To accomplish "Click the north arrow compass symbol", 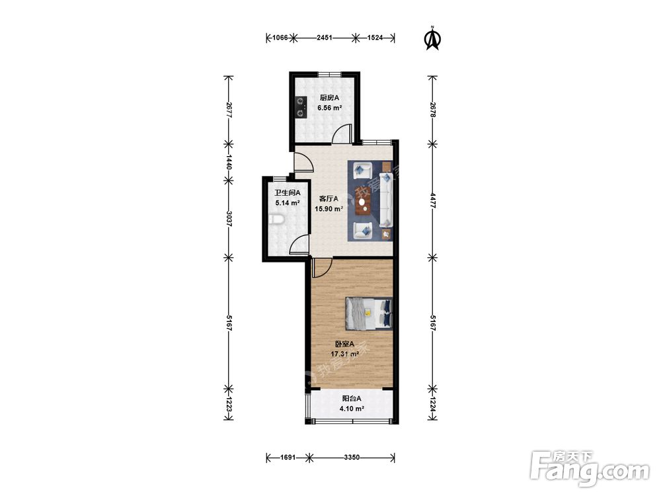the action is coord(432,39).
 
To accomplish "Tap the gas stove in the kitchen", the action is coord(300,106).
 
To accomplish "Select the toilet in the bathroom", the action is coord(276,220).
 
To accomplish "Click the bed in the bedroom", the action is coord(369,313).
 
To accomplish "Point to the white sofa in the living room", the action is coord(386,200).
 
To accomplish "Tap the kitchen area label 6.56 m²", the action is coord(330,108).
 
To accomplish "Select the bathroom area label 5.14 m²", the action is coord(288,203).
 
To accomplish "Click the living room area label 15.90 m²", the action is coord(329,208).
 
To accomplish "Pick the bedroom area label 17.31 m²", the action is coord(345,354).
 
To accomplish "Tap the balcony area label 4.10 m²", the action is coord(352,408).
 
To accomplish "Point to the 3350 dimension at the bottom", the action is coord(352,457).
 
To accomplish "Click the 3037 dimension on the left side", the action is coord(229,218).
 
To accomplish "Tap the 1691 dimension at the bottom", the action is coord(288,457).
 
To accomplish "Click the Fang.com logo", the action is coord(590,468).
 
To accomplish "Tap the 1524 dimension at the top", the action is coord(375,38).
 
